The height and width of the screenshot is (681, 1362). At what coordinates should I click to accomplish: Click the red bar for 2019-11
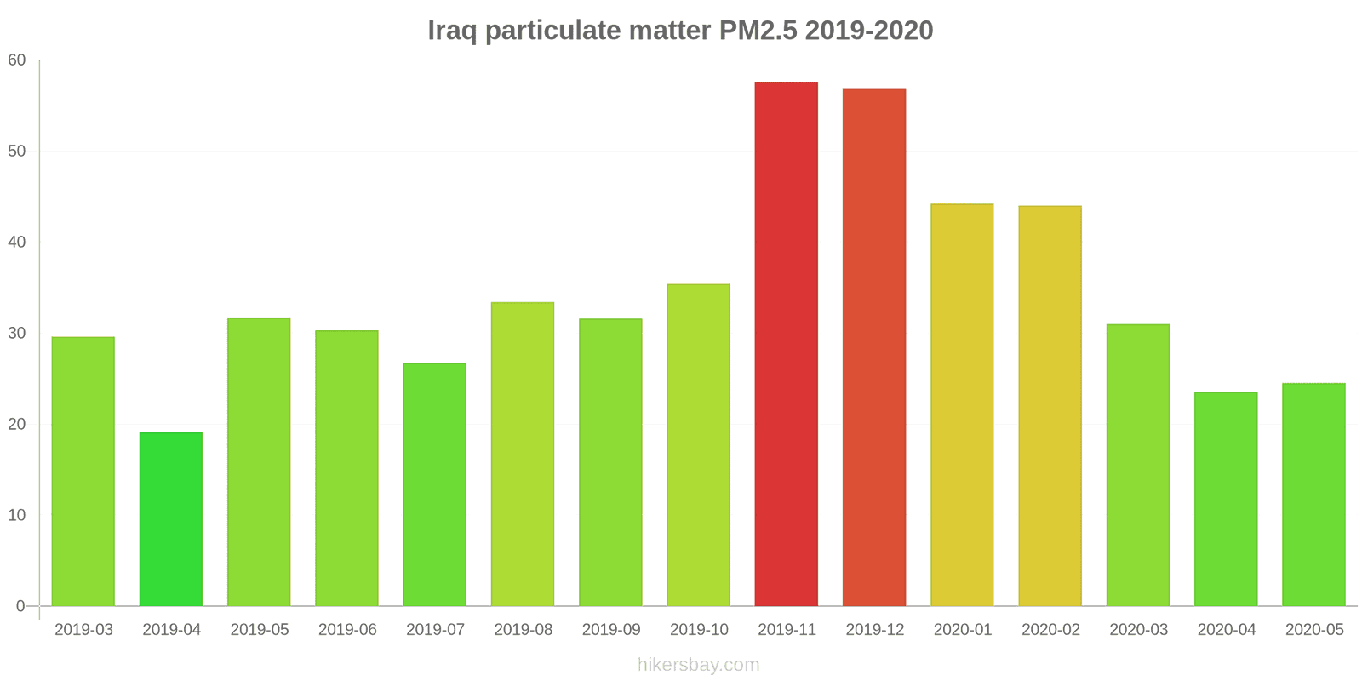(786, 344)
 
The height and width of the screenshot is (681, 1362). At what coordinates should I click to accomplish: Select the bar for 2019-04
(171, 519)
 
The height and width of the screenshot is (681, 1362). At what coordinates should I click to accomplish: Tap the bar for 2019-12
(874, 347)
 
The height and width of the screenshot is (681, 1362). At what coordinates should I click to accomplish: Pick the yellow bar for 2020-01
(962, 405)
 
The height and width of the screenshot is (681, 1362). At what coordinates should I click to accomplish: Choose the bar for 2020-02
(1050, 406)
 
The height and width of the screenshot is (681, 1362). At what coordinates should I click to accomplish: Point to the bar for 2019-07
(435, 484)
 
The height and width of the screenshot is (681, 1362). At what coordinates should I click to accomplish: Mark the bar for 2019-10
(698, 445)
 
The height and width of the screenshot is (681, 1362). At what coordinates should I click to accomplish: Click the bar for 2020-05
(1313, 495)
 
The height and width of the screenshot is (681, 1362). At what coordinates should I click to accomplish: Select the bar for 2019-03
(83, 472)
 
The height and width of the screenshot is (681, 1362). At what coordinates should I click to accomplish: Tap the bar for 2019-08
(523, 455)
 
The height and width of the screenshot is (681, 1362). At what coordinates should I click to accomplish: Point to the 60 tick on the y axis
(17, 60)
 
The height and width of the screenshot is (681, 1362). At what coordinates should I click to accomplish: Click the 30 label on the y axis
(17, 334)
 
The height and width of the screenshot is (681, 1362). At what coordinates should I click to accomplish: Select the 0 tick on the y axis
(20, 607)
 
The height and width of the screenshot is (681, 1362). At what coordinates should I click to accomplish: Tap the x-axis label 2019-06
(347, 630)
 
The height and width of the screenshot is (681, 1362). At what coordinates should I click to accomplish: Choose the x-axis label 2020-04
(1226, 630)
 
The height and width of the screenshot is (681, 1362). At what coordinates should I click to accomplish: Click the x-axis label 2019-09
(611, 630)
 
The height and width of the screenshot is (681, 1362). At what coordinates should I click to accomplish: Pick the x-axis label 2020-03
(1138, 630)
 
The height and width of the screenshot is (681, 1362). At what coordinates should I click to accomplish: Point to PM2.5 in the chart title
(758, 31)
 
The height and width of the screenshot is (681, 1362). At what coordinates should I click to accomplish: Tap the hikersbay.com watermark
(698, 665)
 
